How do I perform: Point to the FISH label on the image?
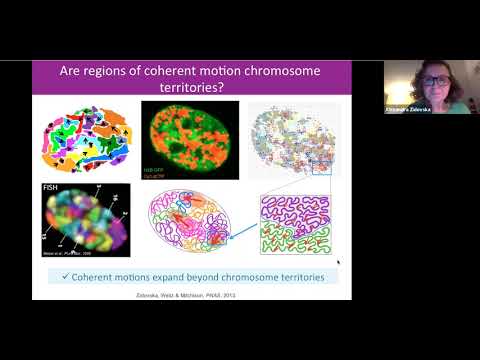52,186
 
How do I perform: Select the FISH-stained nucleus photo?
86,218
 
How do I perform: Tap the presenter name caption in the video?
408,109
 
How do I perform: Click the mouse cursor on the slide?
338,263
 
